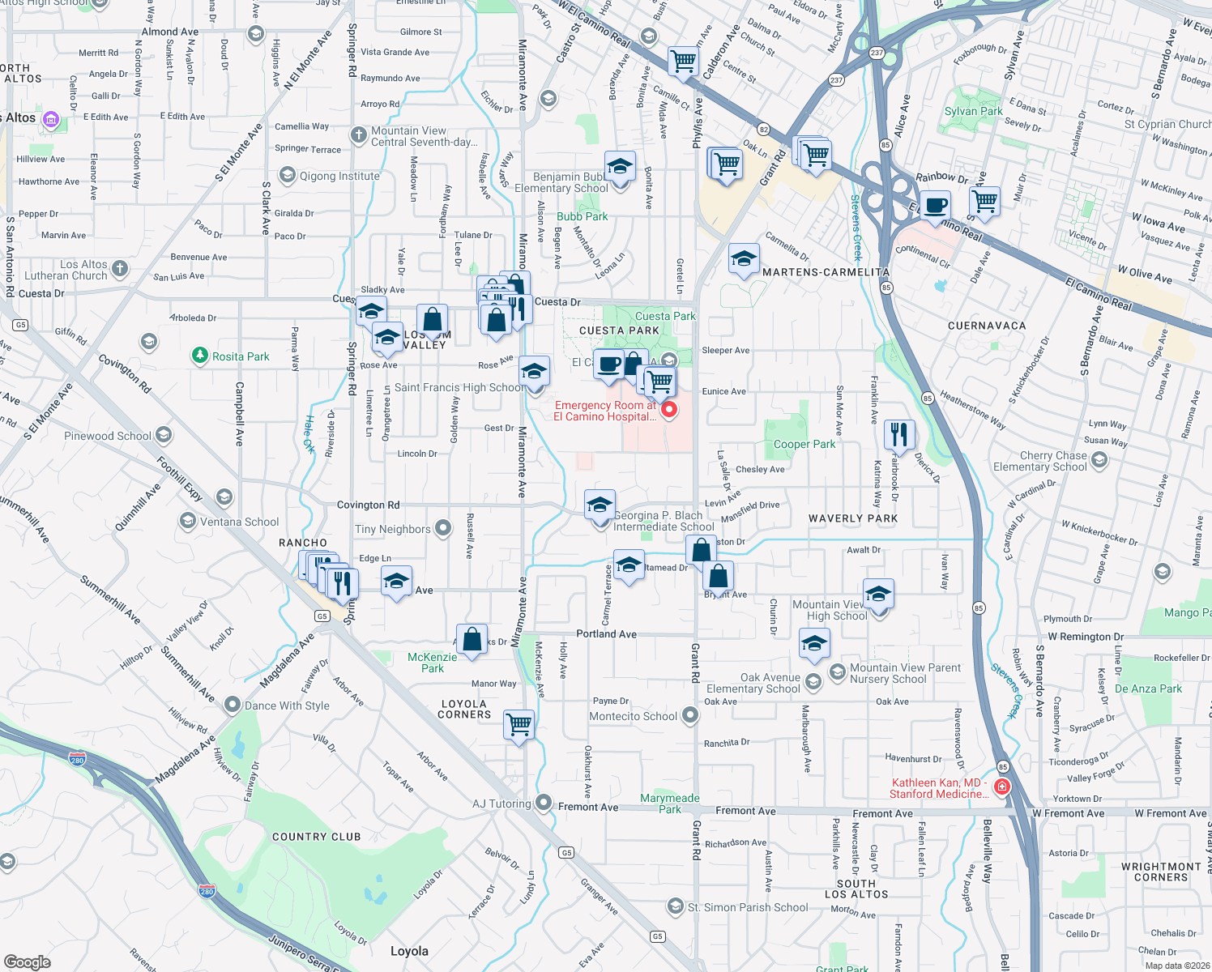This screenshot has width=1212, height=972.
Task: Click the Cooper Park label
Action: [x=804, y=444]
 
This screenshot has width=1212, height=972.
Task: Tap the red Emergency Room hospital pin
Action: [x=669, y=410]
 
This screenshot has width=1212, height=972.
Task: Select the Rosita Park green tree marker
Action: [x=199, y=356]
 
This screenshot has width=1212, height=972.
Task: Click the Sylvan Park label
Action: [x=973, y=111]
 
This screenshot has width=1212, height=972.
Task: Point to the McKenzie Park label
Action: [x=433, y=663]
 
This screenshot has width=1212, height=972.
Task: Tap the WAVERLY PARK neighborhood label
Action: [x=853, y=518]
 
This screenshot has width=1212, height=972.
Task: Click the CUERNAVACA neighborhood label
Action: [x=987, y=326]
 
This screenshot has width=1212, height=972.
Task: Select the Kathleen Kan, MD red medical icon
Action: [x=1002, y=787]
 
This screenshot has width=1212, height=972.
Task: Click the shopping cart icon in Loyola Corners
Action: [x=519, y=723]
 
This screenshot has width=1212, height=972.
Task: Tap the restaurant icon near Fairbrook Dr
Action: [x=899, y=434]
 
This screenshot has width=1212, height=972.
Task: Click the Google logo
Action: [x=27, y=961]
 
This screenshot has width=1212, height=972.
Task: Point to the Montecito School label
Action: [x=633, y=716]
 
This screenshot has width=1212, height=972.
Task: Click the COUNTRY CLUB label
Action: [x=316, y=837]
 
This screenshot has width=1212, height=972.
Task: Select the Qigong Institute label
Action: [x=339, y=176]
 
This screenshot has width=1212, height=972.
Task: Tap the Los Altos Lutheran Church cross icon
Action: [x=120, y=268]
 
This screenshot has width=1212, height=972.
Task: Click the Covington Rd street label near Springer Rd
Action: [x=368, y=505]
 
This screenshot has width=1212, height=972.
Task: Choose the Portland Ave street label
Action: [x=606, y=633]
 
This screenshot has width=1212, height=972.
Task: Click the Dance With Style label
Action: [x=287, y=706]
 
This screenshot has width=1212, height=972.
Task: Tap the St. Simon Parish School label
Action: [x=747, y=907]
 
